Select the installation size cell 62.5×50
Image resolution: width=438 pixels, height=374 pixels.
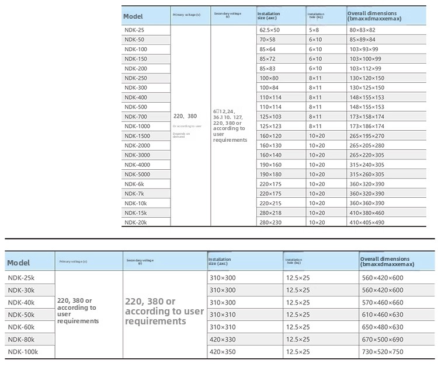point(269,30)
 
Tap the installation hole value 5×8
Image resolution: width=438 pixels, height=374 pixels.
point(314,30)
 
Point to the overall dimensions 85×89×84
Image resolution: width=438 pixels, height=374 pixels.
point(362,40)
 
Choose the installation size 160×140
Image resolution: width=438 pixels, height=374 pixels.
point(270,155)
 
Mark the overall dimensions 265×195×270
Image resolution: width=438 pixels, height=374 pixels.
point(367,136)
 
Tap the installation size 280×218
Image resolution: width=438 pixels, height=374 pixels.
point(270,213)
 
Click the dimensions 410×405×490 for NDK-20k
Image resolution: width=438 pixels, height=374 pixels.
point(367,222)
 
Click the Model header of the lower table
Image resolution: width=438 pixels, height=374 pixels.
point(19,263)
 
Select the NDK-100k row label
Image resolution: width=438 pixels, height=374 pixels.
point(23,352)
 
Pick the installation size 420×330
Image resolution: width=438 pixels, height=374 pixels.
point(223,340)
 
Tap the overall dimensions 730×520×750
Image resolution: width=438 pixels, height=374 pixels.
point(383,352)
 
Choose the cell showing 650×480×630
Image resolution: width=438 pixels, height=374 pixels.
point(383,327)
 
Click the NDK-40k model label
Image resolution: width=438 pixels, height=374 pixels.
point(21,303)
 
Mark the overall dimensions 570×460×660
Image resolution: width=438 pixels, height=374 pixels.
point(383,303)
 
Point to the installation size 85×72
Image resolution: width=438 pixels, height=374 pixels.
point(269,59)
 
